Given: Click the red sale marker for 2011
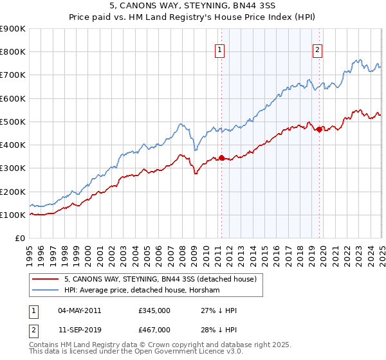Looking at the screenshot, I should (221, 157).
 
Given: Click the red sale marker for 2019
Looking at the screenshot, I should (320, 129).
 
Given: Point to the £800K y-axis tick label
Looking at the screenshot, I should (13, 52).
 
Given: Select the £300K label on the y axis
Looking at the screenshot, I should (13, 168).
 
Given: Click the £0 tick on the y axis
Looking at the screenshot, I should (19, 239).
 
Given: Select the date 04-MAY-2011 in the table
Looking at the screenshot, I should (79, 310).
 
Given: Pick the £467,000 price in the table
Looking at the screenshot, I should (154, 329).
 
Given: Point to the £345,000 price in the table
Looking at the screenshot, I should (154, 310).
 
